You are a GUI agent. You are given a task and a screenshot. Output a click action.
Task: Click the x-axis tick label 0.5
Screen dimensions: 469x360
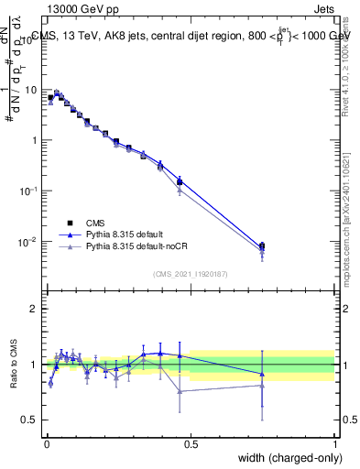[191, 444]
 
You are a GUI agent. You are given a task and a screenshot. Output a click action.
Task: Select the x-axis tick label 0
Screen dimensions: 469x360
[46, 444]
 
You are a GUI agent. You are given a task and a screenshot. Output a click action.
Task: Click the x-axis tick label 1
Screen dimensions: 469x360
[335, 444]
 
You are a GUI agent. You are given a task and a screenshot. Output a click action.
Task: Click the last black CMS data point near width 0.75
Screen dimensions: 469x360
[262, 245]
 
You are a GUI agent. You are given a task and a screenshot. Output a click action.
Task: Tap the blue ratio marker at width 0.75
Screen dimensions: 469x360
[262, 374]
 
